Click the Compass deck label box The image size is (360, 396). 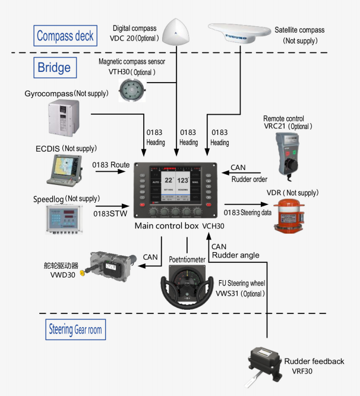coord(65,36)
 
